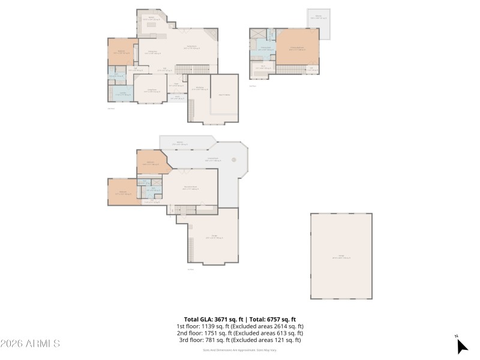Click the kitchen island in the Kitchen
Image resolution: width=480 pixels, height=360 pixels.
154,26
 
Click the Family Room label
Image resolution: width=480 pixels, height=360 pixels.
191,46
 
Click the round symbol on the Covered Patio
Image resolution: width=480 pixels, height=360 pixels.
236,160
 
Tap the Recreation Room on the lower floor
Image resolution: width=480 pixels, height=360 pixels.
190,188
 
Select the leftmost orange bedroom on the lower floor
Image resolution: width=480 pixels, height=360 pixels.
122,192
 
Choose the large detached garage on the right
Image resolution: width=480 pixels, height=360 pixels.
341,256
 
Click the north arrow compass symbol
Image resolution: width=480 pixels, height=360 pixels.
461,346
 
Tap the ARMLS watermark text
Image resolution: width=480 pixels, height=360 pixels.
30,344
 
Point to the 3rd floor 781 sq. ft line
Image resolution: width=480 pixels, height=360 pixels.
240,340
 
